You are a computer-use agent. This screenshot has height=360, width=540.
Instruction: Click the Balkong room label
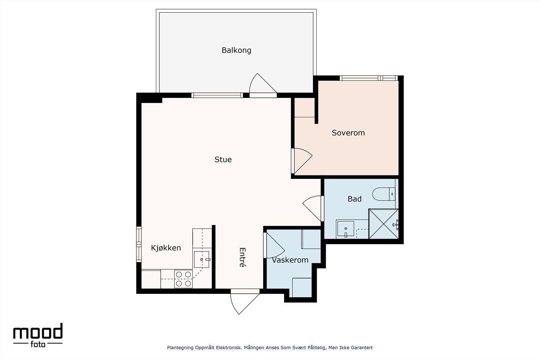point(236,50)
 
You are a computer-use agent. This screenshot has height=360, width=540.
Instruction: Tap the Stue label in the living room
point(223,160)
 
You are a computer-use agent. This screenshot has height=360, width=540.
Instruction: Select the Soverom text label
point(348,133)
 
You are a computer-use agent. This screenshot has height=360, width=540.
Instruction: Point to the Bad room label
point(354,199)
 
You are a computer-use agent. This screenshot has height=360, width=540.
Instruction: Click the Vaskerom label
point(290,260)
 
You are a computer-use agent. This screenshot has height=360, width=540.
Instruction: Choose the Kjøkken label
point(166,248)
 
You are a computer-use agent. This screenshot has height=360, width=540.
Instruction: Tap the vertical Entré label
point(242,257)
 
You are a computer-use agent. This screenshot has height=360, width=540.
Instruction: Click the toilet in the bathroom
point(384,194)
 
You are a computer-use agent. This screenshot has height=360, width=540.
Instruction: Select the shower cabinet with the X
point(383,224)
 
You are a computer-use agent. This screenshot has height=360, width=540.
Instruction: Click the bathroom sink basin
point(346,228)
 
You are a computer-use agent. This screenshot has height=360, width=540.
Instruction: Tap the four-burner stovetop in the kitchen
point(184,279)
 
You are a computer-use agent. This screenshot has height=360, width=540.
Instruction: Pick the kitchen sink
point(201,259)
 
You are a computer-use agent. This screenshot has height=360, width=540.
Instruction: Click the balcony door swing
point(263,83)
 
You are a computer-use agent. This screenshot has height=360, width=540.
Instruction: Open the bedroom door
point(302,161)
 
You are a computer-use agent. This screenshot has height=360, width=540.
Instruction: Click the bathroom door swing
point(313,208)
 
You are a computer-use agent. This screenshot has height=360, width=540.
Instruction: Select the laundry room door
point(275,245)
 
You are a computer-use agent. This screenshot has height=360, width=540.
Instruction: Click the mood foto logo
point(38,335)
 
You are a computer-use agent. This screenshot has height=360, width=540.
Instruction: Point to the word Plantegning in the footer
point(180,348)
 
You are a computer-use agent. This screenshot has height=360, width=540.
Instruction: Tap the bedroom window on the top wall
point(369,78)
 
